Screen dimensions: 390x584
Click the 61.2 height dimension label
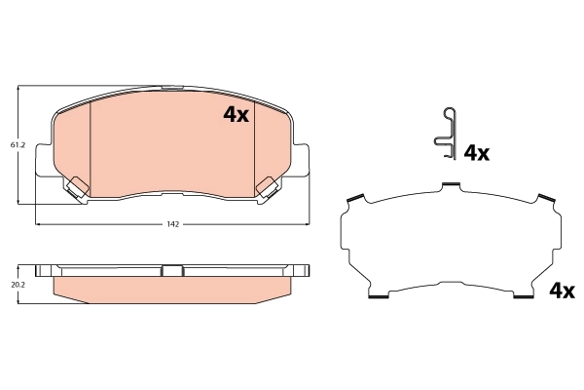18,145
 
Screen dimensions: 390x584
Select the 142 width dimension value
172,224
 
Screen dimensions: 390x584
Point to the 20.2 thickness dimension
18,286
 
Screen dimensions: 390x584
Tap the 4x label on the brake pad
237,115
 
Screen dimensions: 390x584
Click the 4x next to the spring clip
476,153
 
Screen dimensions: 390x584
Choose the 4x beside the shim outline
562,291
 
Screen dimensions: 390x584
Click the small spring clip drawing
444,132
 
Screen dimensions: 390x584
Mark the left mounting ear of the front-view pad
41,162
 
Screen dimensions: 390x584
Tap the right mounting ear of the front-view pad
303,162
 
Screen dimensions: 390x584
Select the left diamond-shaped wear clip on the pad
75,185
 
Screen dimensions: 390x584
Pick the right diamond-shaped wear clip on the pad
266,185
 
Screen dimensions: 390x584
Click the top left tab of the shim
354,199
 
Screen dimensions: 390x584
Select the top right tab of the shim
548,199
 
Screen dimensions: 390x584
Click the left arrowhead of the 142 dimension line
38,224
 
